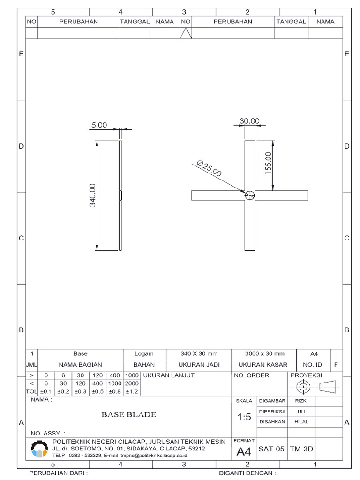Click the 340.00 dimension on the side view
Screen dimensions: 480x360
[x=93, y=195]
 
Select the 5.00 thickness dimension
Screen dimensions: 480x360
[x=99, y=125]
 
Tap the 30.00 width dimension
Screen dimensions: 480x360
[x=249, y=121]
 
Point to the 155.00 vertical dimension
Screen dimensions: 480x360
[x=269, y=163]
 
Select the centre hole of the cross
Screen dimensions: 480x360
[x=250, y=195]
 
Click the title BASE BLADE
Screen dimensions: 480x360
[x=129, y=414]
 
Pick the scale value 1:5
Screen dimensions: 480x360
[x=244, y=417]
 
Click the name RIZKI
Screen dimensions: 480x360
[x=301, y=401]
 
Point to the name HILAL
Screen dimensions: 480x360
[x=301, y=422]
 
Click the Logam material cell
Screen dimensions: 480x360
[x=144, y=354]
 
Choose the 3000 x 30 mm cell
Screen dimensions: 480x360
[x=264, y=354]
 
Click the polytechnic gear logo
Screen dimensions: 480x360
[x=39, y=450]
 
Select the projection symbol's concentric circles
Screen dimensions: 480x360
[x=303, y=387]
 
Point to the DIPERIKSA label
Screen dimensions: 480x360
[x=272, y=411]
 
